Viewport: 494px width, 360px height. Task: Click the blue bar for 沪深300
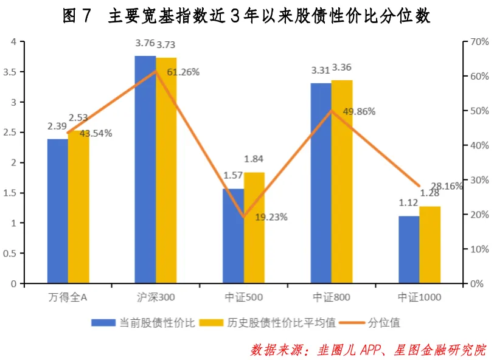click(145, 170)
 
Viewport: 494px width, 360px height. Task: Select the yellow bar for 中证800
click(341, 182)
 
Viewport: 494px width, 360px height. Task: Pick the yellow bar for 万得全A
click(78, 207)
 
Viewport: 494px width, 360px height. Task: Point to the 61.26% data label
click(183, 72)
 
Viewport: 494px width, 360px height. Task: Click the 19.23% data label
click(271, 216)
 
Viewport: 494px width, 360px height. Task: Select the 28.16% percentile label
click(446, 187)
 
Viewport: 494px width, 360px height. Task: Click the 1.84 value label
click(254, 159)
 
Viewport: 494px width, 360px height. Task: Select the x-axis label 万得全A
click(68, 297)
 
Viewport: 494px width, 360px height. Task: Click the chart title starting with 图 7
click(246, 16)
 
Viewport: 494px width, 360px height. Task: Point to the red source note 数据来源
click(368, 350)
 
